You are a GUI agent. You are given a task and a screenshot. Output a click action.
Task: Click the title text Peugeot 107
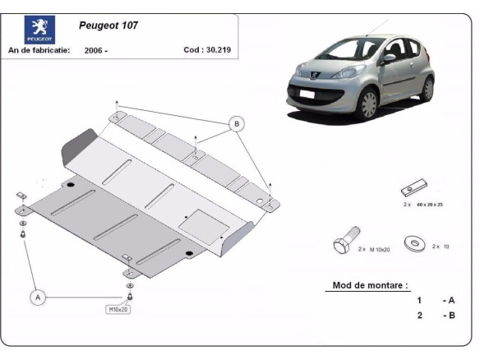click(x=108, y=25)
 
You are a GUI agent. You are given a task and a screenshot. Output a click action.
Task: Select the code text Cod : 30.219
click(x=206, y=49)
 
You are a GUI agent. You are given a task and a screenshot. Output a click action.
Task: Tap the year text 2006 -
click(x=95, y=50)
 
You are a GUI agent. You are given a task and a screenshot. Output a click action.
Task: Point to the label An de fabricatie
click(x=39, y=50)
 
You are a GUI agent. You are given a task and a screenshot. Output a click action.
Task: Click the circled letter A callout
click(x=38, y=298)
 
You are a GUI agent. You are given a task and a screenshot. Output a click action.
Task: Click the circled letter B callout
click(x=237, y=124)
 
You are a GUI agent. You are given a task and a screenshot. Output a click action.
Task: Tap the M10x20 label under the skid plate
click(x=118, y=310)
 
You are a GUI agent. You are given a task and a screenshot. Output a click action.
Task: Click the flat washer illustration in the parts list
click(x=414, y=242)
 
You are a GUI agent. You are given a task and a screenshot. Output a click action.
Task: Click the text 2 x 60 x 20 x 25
click(x=422, y=204)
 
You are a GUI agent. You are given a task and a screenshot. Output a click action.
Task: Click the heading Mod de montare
click(x=369, y=285)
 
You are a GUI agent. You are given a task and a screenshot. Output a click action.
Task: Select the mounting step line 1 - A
click(x=435, y=300)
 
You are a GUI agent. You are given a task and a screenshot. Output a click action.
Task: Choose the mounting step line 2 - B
click(x=435, y=316)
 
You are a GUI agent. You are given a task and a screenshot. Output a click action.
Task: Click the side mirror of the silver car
click(x=388, y=58)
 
